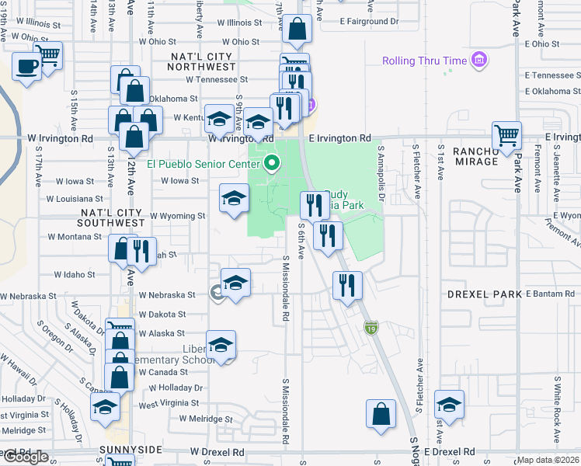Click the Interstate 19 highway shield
pyautogui.click(x=373, y=329)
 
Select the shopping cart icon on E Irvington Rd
pyautogui.click(x=507, y=135)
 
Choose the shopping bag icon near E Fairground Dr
pyautogui.click(x=297, y=30)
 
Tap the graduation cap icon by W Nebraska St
pyautogui.click(x=235, y=283)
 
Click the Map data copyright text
pyautogui.click(x=548, y=460)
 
